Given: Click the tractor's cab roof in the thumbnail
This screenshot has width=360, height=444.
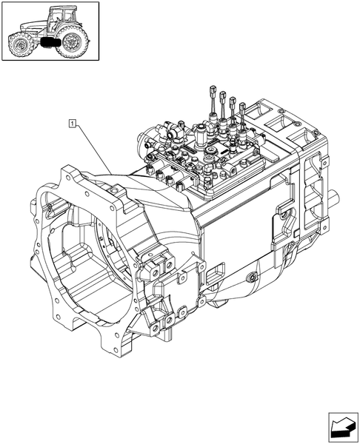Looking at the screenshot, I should pos(61,10).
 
